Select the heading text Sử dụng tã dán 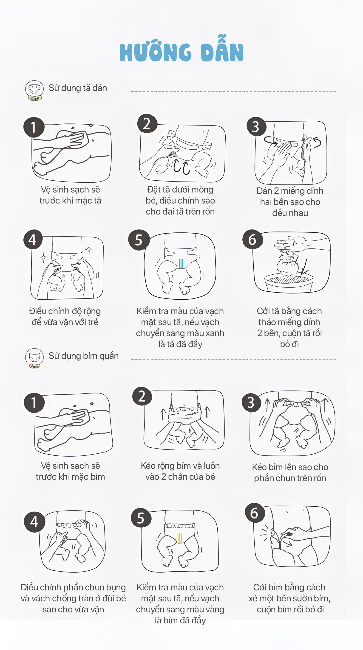pos(78,88)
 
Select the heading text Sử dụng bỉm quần pos(84,356)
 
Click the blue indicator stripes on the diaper pos(181,263)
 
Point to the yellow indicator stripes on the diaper pos(180,538)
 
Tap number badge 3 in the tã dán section pos(256,127)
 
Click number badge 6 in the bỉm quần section pos(255,513)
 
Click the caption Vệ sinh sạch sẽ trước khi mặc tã pos(71,195)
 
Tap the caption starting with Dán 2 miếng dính pos(290,202)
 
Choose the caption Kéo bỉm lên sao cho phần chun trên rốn pos(290,473)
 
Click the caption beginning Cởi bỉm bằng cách pos(289,598)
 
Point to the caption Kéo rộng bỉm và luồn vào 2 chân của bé pos(180,471)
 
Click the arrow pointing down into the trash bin pos(304,267)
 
